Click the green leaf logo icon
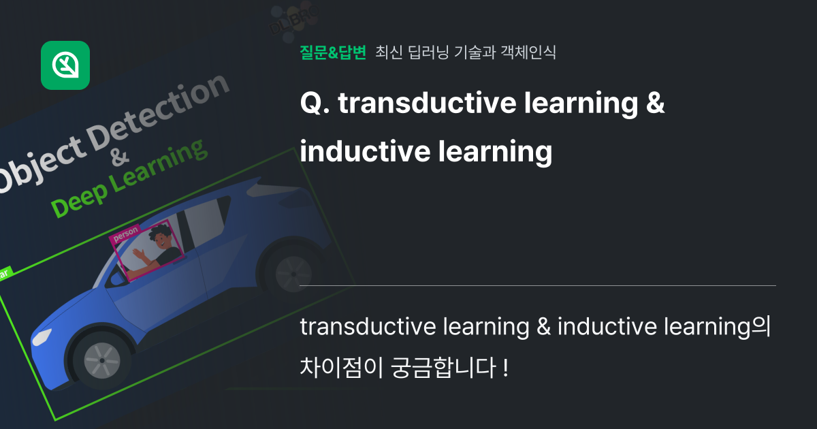(65, 65)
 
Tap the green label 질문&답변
(333, 52)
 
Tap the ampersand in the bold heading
(654, 104)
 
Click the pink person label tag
(125, 234)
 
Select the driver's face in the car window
(161, 239)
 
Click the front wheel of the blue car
(101, 356)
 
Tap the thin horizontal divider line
(537, 285)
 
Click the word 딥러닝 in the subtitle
(427, 52)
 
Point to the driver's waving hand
(140, 255)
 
